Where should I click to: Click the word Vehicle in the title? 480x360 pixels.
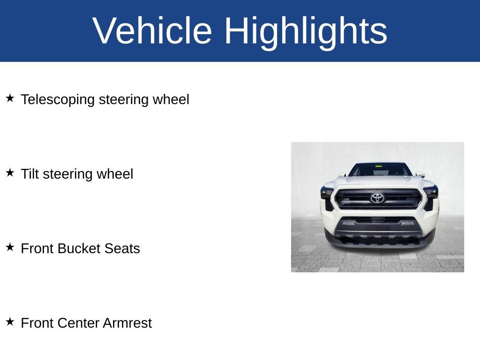click(x=152, y=31)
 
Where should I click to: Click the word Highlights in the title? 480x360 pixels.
click(x=306, y=31)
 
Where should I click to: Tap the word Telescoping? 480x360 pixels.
click(x=58, y=100)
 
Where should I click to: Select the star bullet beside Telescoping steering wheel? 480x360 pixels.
click(x=10, y=98)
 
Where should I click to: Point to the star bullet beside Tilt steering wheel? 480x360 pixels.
click(x=10, y=172)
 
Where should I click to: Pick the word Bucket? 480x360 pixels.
click(x=79, y=248)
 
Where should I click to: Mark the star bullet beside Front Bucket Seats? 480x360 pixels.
click(x=10, y=247)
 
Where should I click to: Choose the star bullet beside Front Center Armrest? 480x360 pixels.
click(x=10, y=322)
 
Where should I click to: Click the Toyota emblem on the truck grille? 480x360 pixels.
click(x=377, y=198)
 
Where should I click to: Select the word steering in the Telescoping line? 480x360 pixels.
click(x=124, y=100)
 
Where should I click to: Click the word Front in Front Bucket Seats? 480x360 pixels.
click(x=37, y=248)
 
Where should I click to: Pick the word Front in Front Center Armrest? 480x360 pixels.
click(x=37, y=323)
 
